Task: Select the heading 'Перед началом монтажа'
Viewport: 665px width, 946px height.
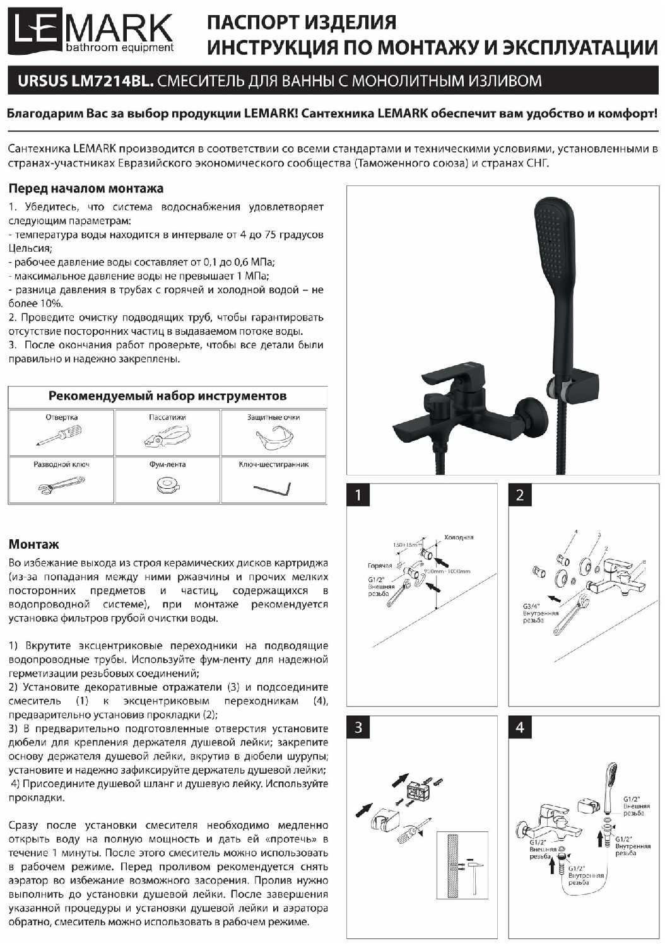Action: click(x=86, y=189)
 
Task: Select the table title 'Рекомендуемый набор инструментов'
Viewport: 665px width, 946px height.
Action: click(x=167, y=396)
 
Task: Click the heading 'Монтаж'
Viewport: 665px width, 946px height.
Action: click(x=34, y=544)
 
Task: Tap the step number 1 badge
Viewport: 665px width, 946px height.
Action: click(x=358, y=495)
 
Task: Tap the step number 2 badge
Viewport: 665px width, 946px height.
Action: click(x=520, y=495)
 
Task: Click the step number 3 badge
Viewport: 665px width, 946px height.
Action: click(x=358, y=728)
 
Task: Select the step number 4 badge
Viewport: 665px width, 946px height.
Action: click(x=520, y=728)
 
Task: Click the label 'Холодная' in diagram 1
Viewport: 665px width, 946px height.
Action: click(x=459, y=537)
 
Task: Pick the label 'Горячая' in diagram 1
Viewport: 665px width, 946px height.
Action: click(x=380, y=566)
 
